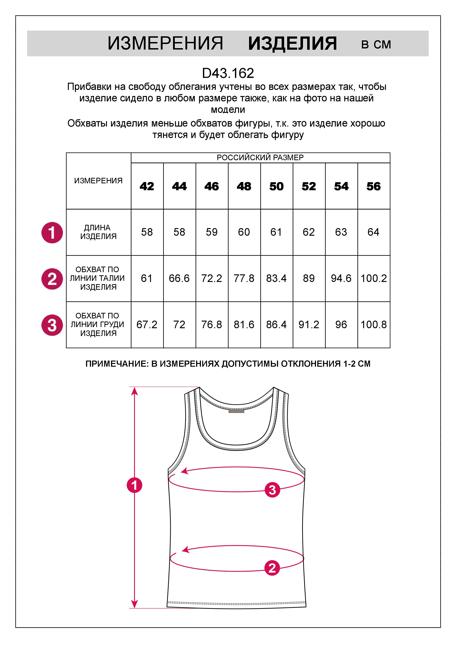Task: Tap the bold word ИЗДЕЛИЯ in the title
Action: [292, 44]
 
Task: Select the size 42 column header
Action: [147, 186]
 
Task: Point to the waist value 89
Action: [309, 278]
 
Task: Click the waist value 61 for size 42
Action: [147, 278]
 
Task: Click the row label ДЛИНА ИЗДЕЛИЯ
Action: [98, 232]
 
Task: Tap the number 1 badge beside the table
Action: [52, 233]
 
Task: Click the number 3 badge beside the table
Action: [52, 325]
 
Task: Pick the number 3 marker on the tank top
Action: [272, 490]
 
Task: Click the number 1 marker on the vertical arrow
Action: [134, 485]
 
